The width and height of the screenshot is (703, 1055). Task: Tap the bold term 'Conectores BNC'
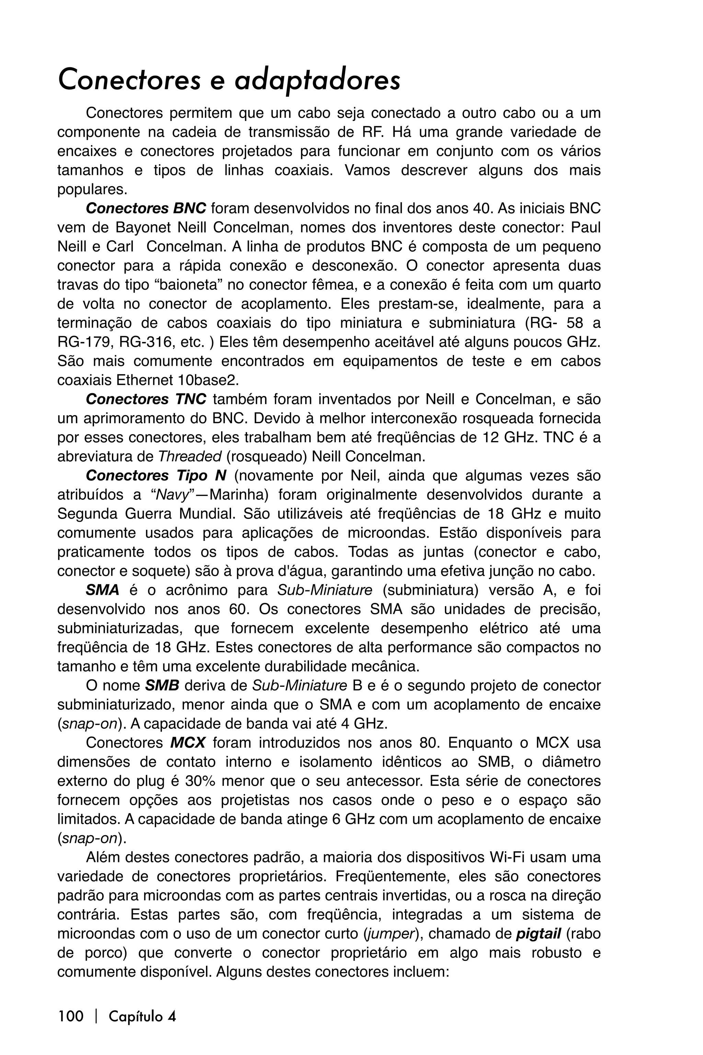[x=146, y=208]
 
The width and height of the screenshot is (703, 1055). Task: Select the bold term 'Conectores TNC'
[x=146, y=399]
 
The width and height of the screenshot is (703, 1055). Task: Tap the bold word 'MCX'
[x=187, y=743]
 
